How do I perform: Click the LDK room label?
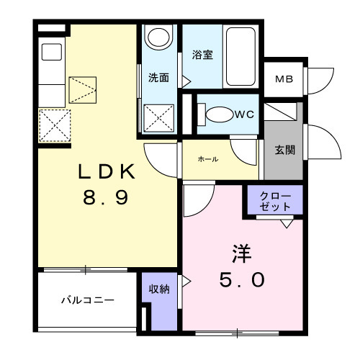(107, 171)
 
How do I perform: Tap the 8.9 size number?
(106, 197)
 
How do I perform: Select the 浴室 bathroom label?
(202, 55)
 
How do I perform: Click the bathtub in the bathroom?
(240, 56)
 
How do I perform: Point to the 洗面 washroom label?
(158, 78)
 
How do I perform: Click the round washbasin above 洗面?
(158, 37)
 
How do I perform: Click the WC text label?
(244, 114)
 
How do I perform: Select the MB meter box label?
(284, 79)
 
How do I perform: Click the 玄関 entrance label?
(284, 150)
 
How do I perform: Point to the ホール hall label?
(208, 159)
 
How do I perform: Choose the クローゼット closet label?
(275, 202)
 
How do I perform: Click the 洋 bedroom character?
(242, 253)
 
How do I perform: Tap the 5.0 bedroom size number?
(242, 279)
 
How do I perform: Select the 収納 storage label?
(159, 289)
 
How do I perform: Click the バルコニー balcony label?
(88, 300)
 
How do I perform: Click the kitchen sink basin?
(52, 52)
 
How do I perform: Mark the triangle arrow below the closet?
(287, 224)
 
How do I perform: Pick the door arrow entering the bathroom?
(186, 81)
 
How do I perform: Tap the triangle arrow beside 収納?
(186, 281)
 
